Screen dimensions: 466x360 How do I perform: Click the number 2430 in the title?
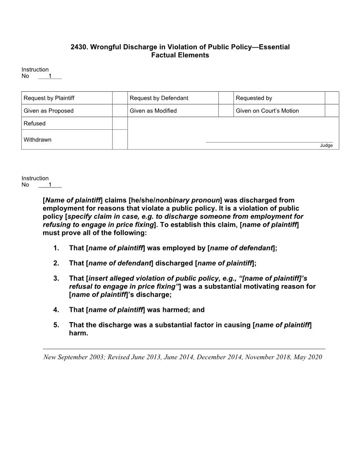(79, 47)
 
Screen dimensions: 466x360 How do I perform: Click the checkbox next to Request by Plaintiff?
(120, 98)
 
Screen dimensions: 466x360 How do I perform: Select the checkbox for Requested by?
(332, 98)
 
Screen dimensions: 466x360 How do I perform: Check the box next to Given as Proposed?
(120, 111)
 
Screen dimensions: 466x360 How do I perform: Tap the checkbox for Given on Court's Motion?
(332, 111)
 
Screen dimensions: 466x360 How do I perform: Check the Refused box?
(120, 124)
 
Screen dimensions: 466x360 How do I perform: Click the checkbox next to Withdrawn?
(120, 139)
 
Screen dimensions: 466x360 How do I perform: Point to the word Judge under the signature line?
(326, 146)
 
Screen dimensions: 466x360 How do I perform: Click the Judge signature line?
(269, 142)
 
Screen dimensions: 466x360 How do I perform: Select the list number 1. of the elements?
(56, 248)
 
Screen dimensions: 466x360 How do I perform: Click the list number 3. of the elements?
(56, 278)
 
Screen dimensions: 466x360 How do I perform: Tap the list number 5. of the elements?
(56, 325)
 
